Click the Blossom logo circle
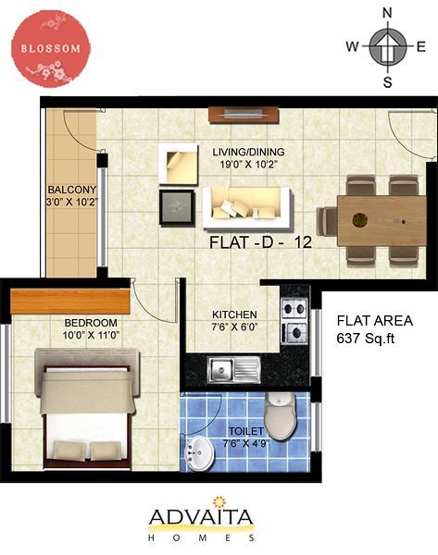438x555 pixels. click(x=51, y=48)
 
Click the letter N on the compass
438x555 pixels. click(x=387, y=13)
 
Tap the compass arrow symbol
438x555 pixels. click(x=387, y=46)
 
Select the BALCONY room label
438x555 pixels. click(x=72, y=190)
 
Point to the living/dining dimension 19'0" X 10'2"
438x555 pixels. click(x=248, y=165)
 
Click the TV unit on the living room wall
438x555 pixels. click(x=244, y=115)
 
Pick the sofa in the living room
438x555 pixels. click(x=247, y=207)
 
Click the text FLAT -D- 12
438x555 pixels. click(x=260, y=242)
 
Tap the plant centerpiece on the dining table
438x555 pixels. click(x=360, y=220)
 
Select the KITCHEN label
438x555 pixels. click(x=234, y=314)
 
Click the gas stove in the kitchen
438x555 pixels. click(x=294, y=321)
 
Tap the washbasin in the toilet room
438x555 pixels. click(x=199, y=454)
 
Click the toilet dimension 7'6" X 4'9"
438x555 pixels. click(x=246, y=443)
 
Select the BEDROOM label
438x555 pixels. click(x=91, y=323)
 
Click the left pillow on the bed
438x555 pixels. click(x=69, y=450)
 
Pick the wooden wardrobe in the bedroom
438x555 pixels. click(x=70, y=302)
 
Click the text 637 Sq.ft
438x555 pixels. click(x=366, y=339)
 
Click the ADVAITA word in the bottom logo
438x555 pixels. click(x=201, y=517)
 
